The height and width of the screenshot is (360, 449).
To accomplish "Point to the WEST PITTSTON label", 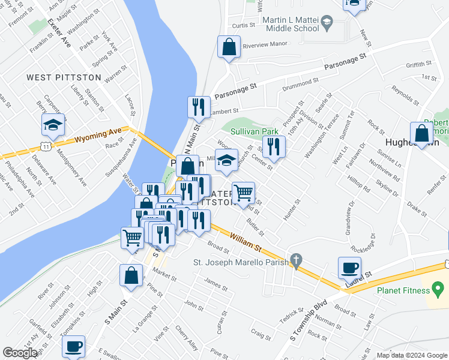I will (x=57, y=77).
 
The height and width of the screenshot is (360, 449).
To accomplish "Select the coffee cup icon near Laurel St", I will (x=349, y=268).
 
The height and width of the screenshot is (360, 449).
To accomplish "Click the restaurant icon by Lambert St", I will (x=199, y=107).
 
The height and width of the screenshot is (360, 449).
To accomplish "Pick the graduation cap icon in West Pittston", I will (x=53, y=125).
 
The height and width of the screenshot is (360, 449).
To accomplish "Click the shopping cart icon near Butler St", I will (x=243, y=193).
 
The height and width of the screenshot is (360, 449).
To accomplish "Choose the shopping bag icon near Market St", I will (x=131, y=276).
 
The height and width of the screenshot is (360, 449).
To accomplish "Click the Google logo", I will (x=20, y=353).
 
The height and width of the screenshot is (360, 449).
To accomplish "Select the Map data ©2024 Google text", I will (x=411, y=355).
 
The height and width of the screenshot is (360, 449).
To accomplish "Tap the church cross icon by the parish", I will (x=295, y=261).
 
